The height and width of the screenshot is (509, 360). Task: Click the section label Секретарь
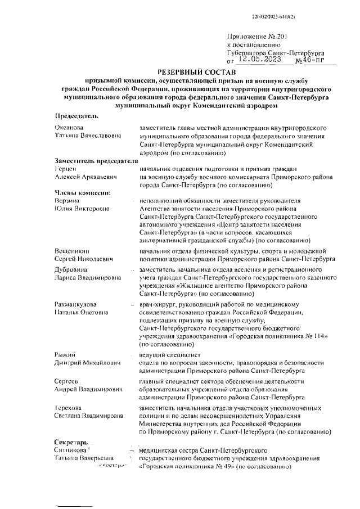click(71, 441)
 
